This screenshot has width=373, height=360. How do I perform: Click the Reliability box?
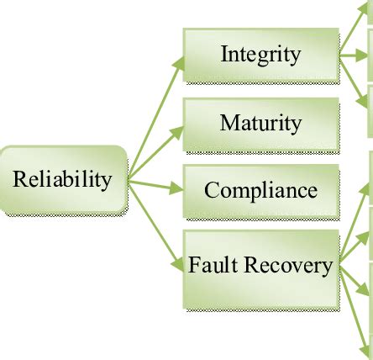(x=64, y=180)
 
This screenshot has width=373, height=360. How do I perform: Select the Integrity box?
(x=261, y=56)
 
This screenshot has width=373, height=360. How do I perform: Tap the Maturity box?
(x=261, y=125)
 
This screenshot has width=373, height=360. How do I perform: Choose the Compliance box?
(x=261, y=192)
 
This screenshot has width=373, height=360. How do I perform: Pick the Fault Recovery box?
(x=261, y=270)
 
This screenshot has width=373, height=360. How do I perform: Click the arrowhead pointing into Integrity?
(x=178, y=63)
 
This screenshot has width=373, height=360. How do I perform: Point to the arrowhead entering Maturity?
(x=177, y=133)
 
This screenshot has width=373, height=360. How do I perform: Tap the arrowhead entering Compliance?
(x=176, y=188)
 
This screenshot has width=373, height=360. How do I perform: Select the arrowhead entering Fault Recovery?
(x=177, y=264)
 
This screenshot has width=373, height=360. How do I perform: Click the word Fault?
(x=213, y=264)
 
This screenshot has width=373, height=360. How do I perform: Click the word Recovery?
(x=288, y=266)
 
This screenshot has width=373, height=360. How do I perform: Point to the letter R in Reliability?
(x=20, y=179)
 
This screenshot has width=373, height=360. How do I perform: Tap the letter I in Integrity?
(x=224, y=54)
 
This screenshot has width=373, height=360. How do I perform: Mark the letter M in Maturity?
(x=230, y=123)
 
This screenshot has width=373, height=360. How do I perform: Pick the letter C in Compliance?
(x=212, y=190)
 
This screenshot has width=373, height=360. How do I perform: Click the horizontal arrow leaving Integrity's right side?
(x=354, y=56)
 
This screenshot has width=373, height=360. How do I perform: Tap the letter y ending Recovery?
(x=327, y=268)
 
